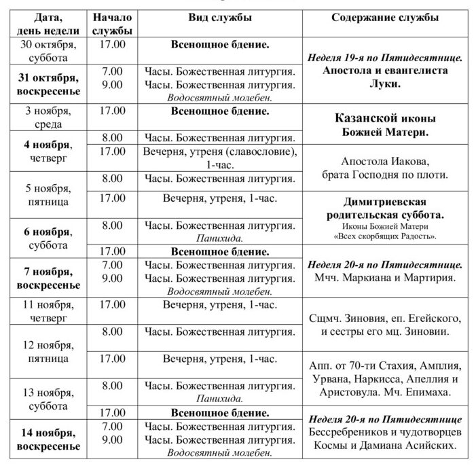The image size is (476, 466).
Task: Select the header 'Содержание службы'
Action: point(384,16)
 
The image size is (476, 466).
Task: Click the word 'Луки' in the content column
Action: point(384,85)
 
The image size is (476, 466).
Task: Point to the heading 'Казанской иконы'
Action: point(384,118)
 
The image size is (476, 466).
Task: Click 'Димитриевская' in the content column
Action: point(384,202)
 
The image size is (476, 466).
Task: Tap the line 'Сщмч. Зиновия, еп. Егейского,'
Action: point(384,319)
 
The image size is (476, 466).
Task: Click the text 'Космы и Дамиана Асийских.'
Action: point(384,446)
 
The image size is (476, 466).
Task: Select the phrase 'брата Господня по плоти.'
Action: point(384,175)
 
